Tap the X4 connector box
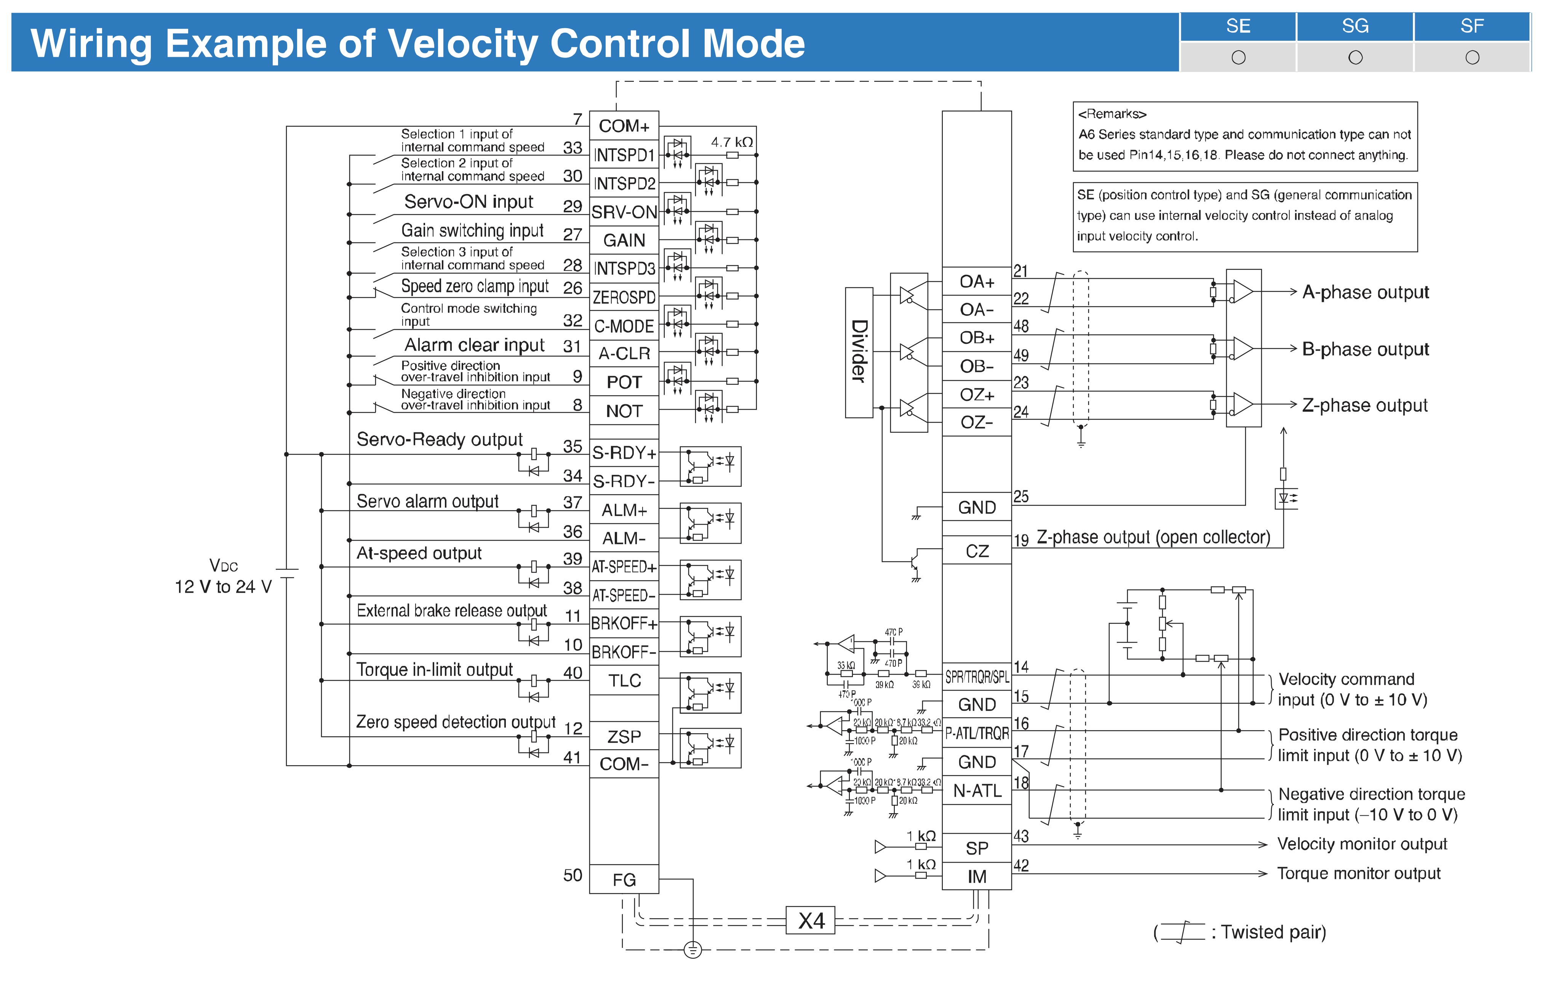pos(811,920)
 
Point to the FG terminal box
pos(624,879)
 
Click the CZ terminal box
pos(976,551)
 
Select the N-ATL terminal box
pos(976,791)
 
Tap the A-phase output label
pos(1365,292)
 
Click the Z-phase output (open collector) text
pos(1153,537)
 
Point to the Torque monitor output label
pos(1359,873)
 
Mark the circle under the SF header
pos(1472,57)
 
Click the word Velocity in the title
pos(461,43)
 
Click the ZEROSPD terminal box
pos(624,297)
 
